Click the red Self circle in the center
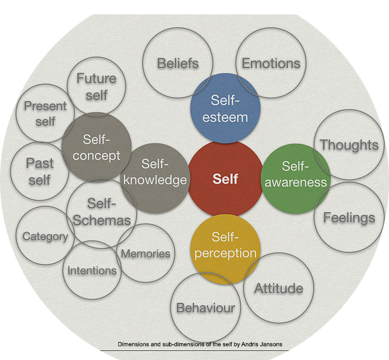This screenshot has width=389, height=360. pos(225,178)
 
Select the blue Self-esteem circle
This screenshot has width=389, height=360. pos(225,109)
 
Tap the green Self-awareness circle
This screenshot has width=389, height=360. pos(295,178)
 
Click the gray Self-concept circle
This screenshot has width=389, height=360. pos(97,147)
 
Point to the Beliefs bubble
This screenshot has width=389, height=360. pos(177,63)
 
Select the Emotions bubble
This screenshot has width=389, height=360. pos(271,63)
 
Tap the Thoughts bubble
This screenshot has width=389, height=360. pos(349,145)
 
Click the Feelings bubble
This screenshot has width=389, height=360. pos(349,217)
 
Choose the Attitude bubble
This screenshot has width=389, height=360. pos(279,288)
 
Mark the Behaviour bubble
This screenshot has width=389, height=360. pos(206,308)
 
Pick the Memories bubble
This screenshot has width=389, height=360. pos(146,253)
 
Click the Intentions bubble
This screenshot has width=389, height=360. pos(92,270)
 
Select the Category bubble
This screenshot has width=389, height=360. pos(45,236)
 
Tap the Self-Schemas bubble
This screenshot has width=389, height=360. pos(101,212)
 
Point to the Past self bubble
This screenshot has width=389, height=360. pos(40,171)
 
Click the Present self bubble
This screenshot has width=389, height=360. pos(45,113)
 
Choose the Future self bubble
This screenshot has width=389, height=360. pos(96,86)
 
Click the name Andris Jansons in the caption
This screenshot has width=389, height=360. pos(261,344)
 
